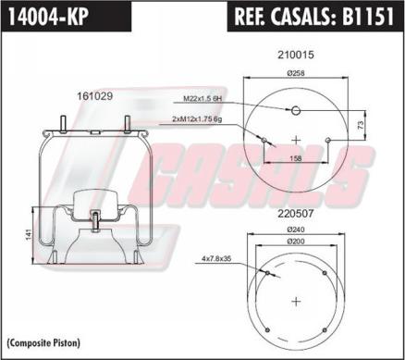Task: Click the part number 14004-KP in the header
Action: (48, 16)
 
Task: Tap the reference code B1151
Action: (368, 16)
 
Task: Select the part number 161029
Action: (95, 96)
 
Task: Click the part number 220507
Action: (296, 214)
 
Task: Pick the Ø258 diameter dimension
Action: (296, 73)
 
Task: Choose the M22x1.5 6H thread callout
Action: (202, 99)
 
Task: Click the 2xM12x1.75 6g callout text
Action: (197, 119)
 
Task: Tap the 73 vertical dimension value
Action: (361, 125)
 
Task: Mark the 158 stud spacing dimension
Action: (296, 158)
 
